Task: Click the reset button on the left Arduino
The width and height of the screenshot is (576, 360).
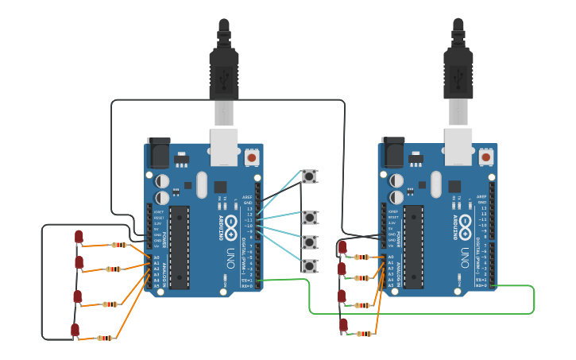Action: click(252, 157)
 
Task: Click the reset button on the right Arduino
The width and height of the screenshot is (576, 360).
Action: click(486, 157)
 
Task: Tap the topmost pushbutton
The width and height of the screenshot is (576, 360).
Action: click(309, 176)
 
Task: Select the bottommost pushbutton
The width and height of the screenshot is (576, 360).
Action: click(309, 265)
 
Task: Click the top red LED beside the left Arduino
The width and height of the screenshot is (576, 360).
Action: click(79, 237)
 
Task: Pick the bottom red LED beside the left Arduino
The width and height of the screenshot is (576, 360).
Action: click(75, 330)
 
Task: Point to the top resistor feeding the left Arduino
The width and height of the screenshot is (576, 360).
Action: click(119, 245)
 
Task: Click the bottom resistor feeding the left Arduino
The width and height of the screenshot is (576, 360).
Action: click(105, 339)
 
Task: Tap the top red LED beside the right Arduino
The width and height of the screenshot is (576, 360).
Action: click(342, 248)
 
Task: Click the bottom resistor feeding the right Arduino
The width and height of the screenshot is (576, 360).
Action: click(365, 334)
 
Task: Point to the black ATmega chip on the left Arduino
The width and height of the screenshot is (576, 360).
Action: click(180, 246)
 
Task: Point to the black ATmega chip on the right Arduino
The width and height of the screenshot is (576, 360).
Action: click(414, 246)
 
